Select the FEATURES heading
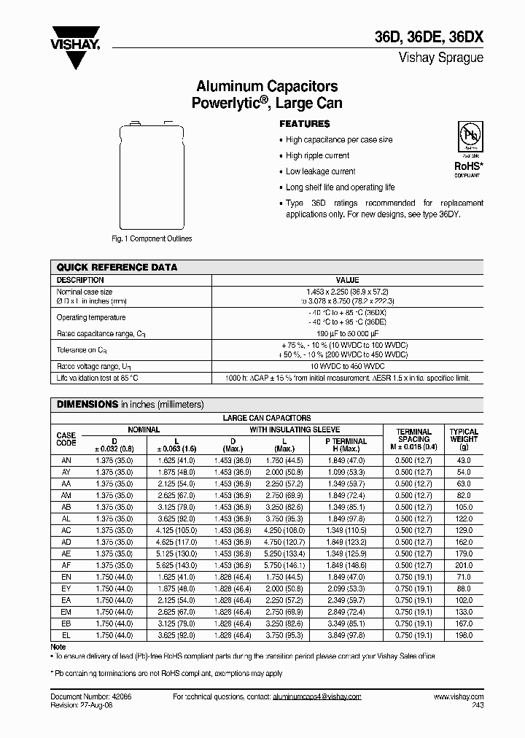pyautogui.click(x=305, y=124)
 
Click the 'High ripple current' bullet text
pyautogui.click(x=317, y=155)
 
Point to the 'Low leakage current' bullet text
pyautogui.click(x=321, y=171)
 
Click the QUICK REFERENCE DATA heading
pyautogui.click(x=117, y=268)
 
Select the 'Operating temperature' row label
pyautogui.click(x=91, y=317)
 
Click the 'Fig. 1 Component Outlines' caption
pyautogui.click(x=152, y=238)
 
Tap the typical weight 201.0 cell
pyautogui.click(x=464, y=565)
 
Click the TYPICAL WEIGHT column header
pyautogui.click(x=464, y=439)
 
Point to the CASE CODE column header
pyautogui.click(x=66, y=439)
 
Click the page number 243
pyautogui.click(x=477, y=706)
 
